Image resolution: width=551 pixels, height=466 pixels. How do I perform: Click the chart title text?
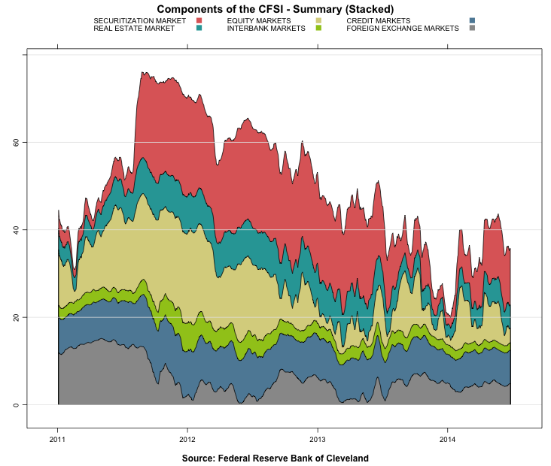point(275,8)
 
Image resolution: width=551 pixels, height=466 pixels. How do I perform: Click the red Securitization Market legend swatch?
point(199,20)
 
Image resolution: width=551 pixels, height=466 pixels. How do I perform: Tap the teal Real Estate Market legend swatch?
point(199,28)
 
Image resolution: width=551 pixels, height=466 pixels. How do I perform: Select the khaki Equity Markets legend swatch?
point(318,20)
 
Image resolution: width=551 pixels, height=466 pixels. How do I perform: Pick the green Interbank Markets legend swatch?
point(318,28)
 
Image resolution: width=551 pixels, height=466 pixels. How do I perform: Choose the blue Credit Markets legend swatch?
point(472,20)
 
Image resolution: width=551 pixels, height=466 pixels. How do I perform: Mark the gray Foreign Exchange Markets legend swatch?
point(472,28)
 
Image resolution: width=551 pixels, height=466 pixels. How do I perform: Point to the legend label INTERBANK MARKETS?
point(266,28)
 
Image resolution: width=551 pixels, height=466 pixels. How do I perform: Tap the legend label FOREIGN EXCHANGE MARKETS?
point(402,28)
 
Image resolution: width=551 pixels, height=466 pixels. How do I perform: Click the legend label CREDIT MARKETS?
point(379,20)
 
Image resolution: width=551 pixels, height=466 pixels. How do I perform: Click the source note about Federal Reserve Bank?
point(275,458)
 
